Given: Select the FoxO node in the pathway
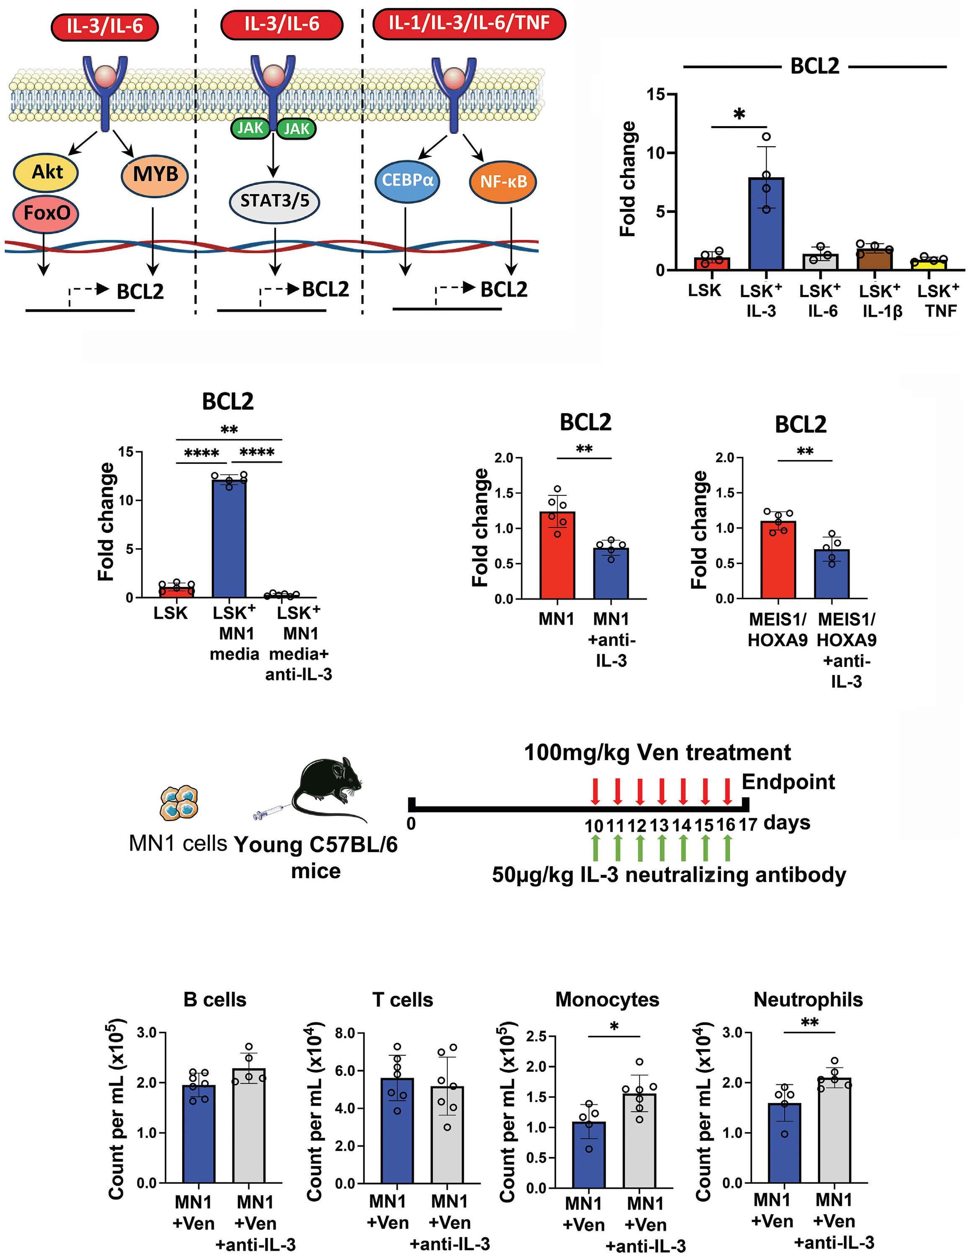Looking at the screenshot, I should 46,213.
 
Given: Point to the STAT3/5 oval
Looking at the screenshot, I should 274,201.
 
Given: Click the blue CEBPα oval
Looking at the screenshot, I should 408,180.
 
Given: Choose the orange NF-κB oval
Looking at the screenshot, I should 503,181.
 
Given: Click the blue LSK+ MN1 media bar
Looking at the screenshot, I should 229,538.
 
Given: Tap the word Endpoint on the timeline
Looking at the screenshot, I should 788,781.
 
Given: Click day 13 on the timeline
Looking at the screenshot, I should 659,825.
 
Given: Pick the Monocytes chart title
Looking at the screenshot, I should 607,1000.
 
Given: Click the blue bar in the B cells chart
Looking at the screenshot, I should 199,1133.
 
